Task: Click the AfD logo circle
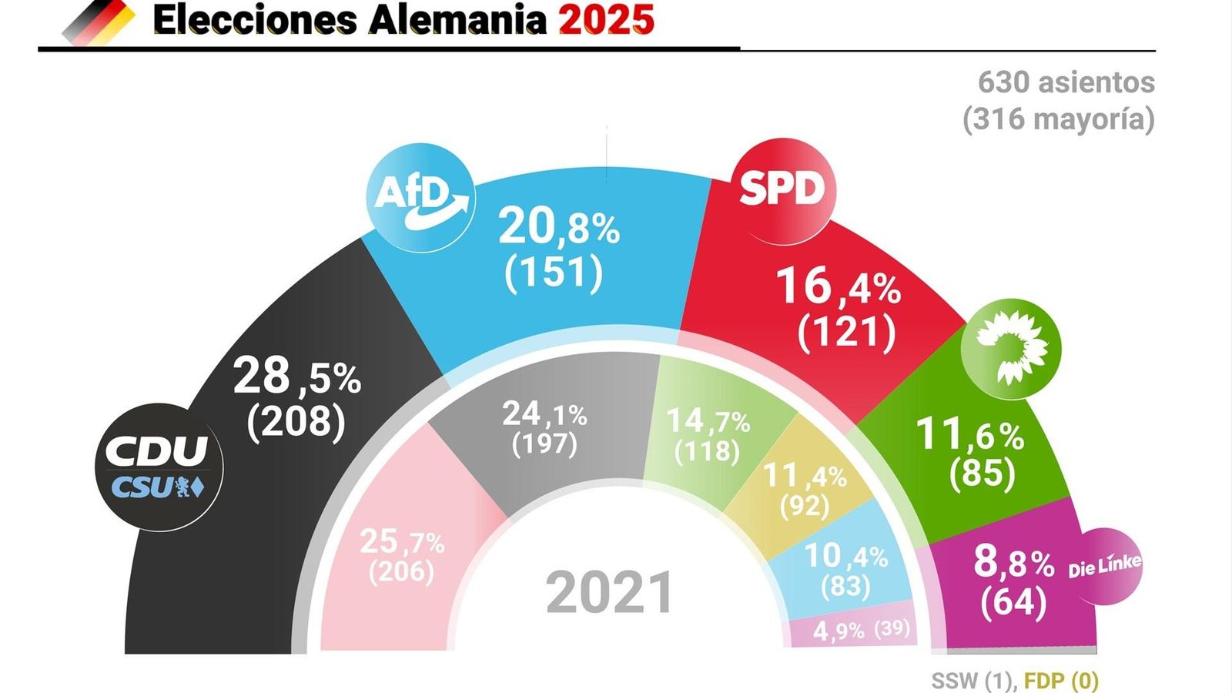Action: [x=420, y=197]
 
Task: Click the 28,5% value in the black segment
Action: [x=296, y=377]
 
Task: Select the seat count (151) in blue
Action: [x=554, y=271]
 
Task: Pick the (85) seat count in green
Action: [x=982, y=472]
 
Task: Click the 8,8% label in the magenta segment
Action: [x=1013, y=562]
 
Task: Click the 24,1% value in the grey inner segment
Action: [x=544, y=414]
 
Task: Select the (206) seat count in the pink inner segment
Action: [x=401, y=572]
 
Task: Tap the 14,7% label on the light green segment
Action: [x=708, y=421]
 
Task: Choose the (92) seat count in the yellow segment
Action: [x=805, y=506]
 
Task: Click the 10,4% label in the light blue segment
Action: [x=845, y=556]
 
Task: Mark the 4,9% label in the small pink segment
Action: [x=839, y=631]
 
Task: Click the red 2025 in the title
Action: [x=606, y=20]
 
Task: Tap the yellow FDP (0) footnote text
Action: [x=1061, y=681]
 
